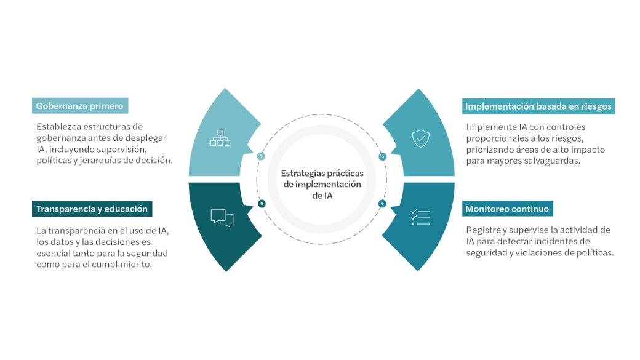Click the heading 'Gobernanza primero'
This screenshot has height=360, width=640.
pyautogui.click(x=80, y=106)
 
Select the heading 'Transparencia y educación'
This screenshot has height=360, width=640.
pyautogui.click(x=92, y=209)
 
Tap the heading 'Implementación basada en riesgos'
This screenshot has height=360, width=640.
pyautogui.click(x=538, y=106)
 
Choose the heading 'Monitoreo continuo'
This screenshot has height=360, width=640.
pyautogui.click(x=507, y=209)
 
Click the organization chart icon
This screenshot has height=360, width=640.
pyautogui.click(x=220, y=138)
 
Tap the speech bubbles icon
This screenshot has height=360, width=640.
pyautogui.click(x=222, y=218)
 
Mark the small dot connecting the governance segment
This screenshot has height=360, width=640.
pyautogui.click(x=261, y=156)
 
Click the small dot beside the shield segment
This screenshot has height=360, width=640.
pyautogui.click(x=382, y=156)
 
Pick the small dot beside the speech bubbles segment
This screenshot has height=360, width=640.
pyautogui.click(x=262, y=203)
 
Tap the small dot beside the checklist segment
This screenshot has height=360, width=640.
pyautogui.click(x=382, y=203)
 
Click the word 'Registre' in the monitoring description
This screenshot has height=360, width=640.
pyautogui.click(x=483, y=230)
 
